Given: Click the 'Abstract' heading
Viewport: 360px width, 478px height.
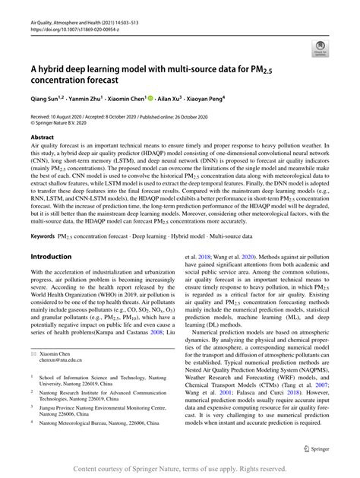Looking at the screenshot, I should [43, 137].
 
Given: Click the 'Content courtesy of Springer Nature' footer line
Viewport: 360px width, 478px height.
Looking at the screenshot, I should [179, 467].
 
